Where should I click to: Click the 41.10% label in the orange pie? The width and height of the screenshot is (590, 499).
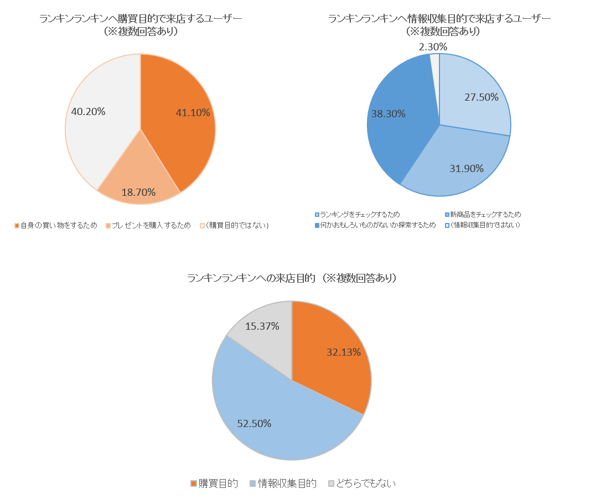[193, 113]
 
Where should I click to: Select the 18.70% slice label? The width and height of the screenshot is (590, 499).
[138, 193]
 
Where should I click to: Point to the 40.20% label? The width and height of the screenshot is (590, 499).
[89, 112]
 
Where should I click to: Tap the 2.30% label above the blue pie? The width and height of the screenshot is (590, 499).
[433, 47]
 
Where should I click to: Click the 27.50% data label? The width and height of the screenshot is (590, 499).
[482, 97]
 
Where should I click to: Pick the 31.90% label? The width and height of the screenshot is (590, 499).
[467, 169]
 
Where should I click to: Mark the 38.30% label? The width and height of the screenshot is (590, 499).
[389, 114]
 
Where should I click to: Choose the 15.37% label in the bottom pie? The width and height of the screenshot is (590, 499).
[262, 326]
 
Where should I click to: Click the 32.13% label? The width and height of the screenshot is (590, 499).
[344, 352]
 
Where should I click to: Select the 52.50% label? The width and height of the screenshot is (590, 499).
[254, 424]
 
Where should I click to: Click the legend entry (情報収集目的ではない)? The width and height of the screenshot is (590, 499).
[485, 225]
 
